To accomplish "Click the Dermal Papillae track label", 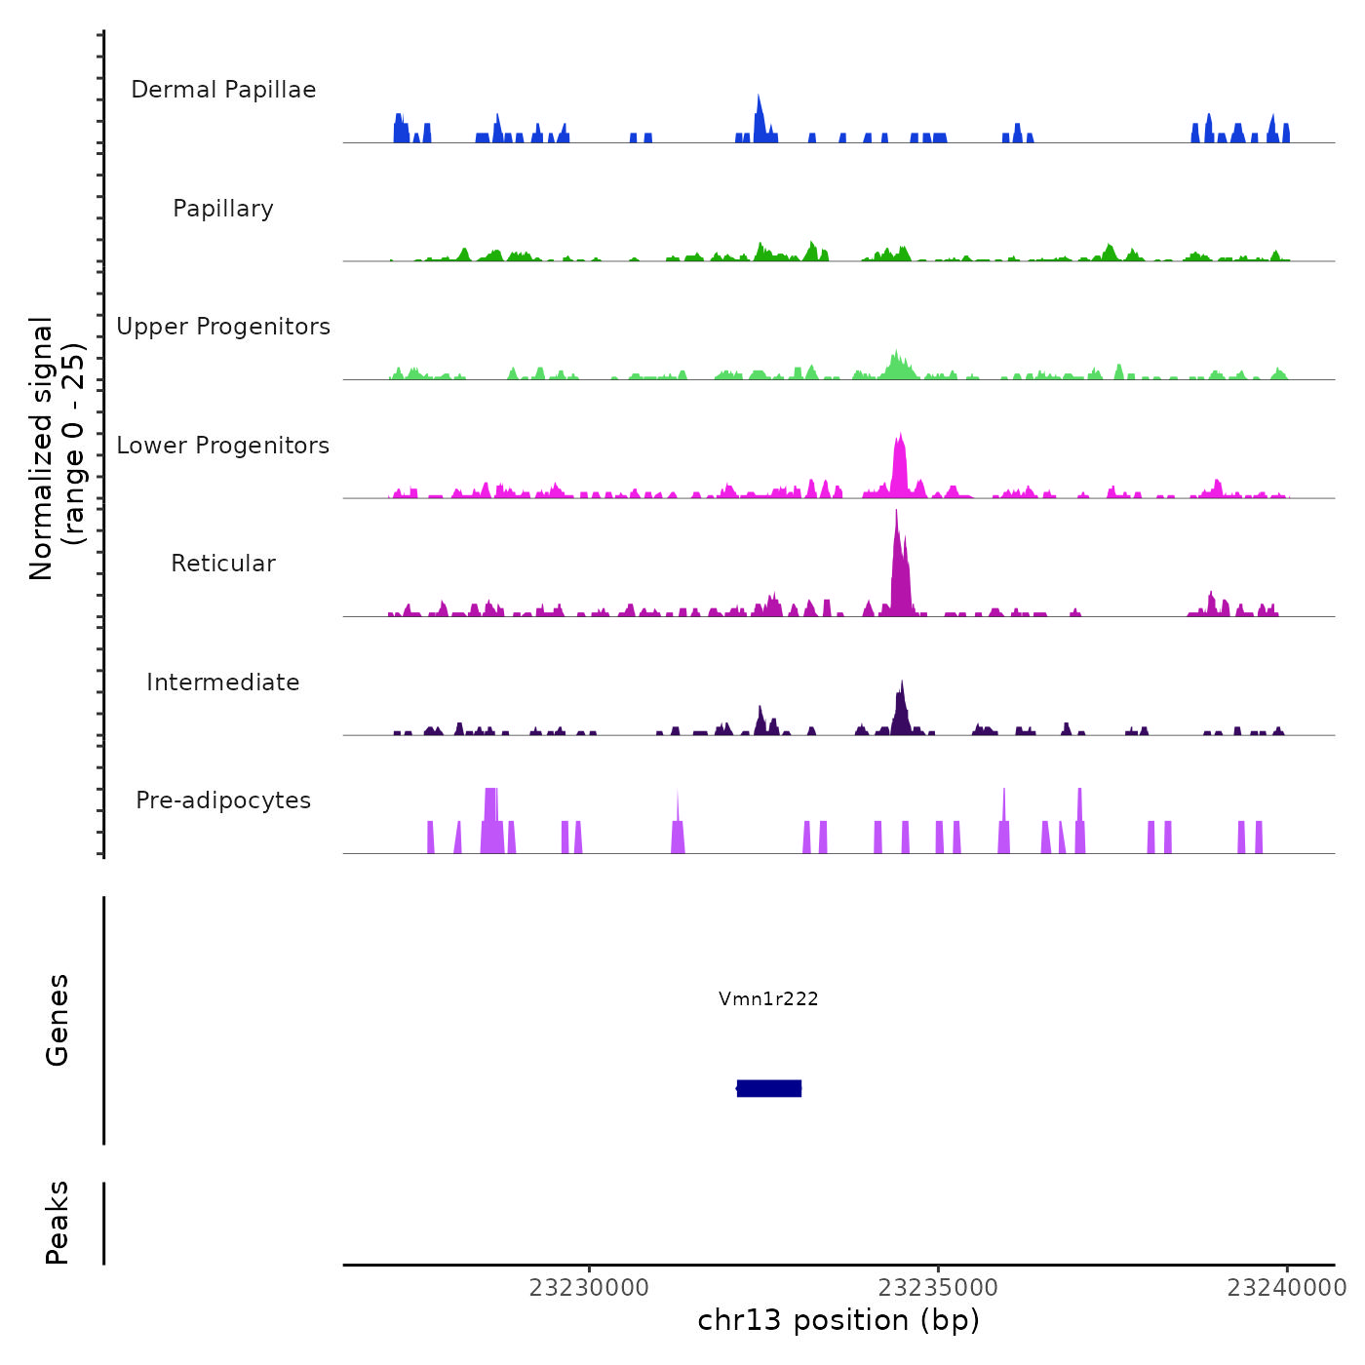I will [x=223, y=90].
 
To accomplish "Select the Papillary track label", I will [x=223, y=209].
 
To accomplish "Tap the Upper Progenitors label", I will [x=223, y=327].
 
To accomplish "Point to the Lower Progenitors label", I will [x=223, y=446].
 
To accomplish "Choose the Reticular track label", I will [x=223, y=564].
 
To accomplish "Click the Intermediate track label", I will [x=223, y=682].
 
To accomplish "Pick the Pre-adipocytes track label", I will [x=223, y=800].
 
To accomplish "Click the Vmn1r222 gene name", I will [x=768, y=998].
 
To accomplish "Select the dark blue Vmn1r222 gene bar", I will [x=769, y=1088].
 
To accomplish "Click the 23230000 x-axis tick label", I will [x=589, y=1288].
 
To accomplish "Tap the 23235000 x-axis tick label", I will [x=938, y=1288].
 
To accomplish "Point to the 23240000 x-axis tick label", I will [x=1287, y=1288].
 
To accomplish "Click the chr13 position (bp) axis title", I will [x=838, y=1320].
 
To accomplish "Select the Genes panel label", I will [x=58, y=1020].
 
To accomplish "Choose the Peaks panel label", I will [x=58, y=1223].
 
